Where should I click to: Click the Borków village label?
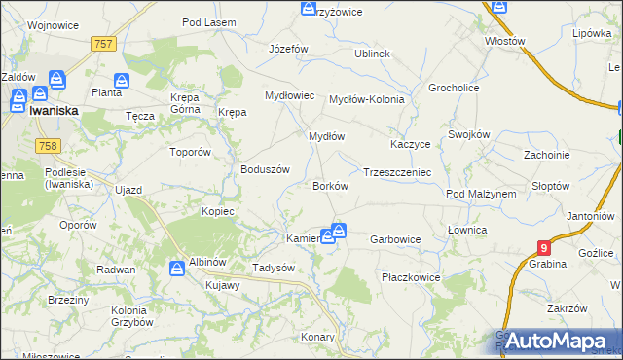(329, 185)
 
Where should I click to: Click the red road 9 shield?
(544, 248)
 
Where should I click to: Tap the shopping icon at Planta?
(122, 80)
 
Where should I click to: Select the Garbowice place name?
(396, 238)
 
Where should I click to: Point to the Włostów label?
(505, 42)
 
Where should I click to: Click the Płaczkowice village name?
(410, 277)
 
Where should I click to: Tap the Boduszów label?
(266, 169)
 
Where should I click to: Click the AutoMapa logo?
(557, 342)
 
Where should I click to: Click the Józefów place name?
(288, 49)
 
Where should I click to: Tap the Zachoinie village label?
(546, 155)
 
